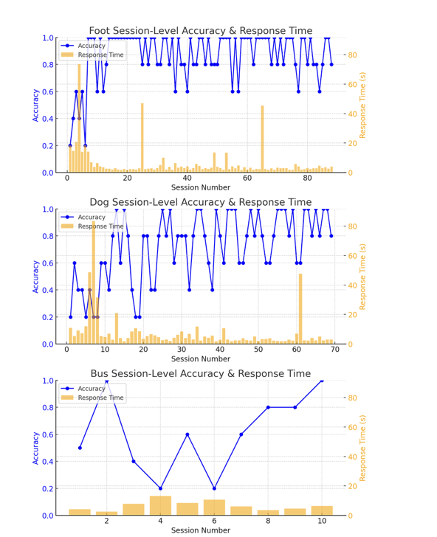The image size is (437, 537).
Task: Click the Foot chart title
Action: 201,30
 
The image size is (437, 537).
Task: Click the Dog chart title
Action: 201,202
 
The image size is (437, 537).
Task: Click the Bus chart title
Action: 201,373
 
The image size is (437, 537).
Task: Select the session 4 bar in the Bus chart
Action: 160,505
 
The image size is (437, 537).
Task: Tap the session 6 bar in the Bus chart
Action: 214,507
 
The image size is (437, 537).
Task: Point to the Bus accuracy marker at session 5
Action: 187,434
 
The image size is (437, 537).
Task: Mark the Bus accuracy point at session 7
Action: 241,434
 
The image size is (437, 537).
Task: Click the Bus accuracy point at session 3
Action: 134,461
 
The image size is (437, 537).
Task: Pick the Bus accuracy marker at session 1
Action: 80,448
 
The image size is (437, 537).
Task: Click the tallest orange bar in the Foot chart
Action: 79,118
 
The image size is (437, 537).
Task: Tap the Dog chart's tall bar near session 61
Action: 300,309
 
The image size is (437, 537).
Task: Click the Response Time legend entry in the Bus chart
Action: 92,398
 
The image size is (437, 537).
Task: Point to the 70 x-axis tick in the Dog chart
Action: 335,350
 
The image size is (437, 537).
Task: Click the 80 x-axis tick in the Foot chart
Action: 307,178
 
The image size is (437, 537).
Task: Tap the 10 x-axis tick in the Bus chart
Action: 322,521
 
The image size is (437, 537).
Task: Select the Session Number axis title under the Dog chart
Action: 201,359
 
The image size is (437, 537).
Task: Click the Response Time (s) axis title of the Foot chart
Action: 362,105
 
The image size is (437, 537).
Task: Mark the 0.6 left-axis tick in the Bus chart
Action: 48,434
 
